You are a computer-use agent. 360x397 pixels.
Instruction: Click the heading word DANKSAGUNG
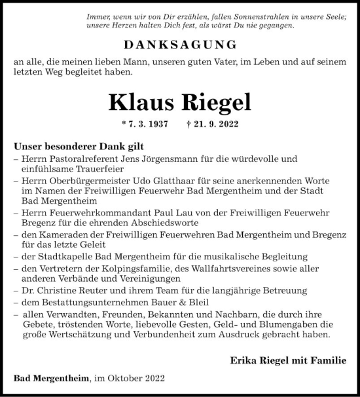pos(179,45)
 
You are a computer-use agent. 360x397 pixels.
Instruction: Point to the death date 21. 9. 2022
pos(218,124)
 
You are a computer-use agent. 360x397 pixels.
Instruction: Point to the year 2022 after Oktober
pos(153,379)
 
